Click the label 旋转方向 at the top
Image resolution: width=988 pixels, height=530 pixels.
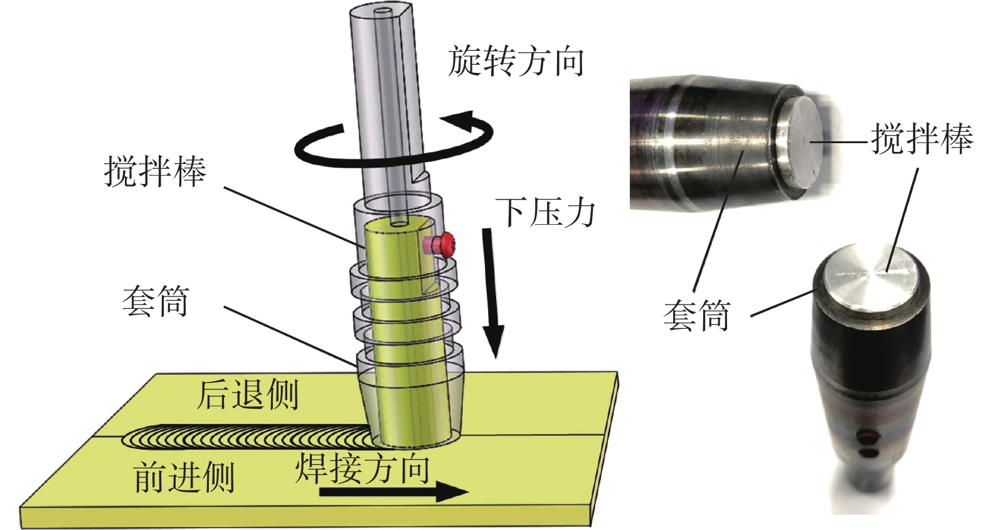pyautogui.click(x=516, y=62)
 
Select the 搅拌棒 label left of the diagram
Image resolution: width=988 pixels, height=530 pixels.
pyautogui.click(x=155, y=171)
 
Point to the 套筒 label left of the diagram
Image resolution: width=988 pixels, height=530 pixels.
pyautogui.click(x=156, y=302)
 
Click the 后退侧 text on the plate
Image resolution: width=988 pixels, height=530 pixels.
pyautogui.click(x=247, y=395)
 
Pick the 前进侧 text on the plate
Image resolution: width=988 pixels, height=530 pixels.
pyautogui.click(x=184, y=477)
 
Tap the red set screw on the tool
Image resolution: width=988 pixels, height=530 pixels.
pyautogui.click(x=446, y=244)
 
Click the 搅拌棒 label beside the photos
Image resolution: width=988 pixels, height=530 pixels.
pyautogui.click(x=920, y=139)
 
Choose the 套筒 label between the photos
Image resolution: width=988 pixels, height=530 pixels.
pyautogui.click(x=696, y=315)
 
